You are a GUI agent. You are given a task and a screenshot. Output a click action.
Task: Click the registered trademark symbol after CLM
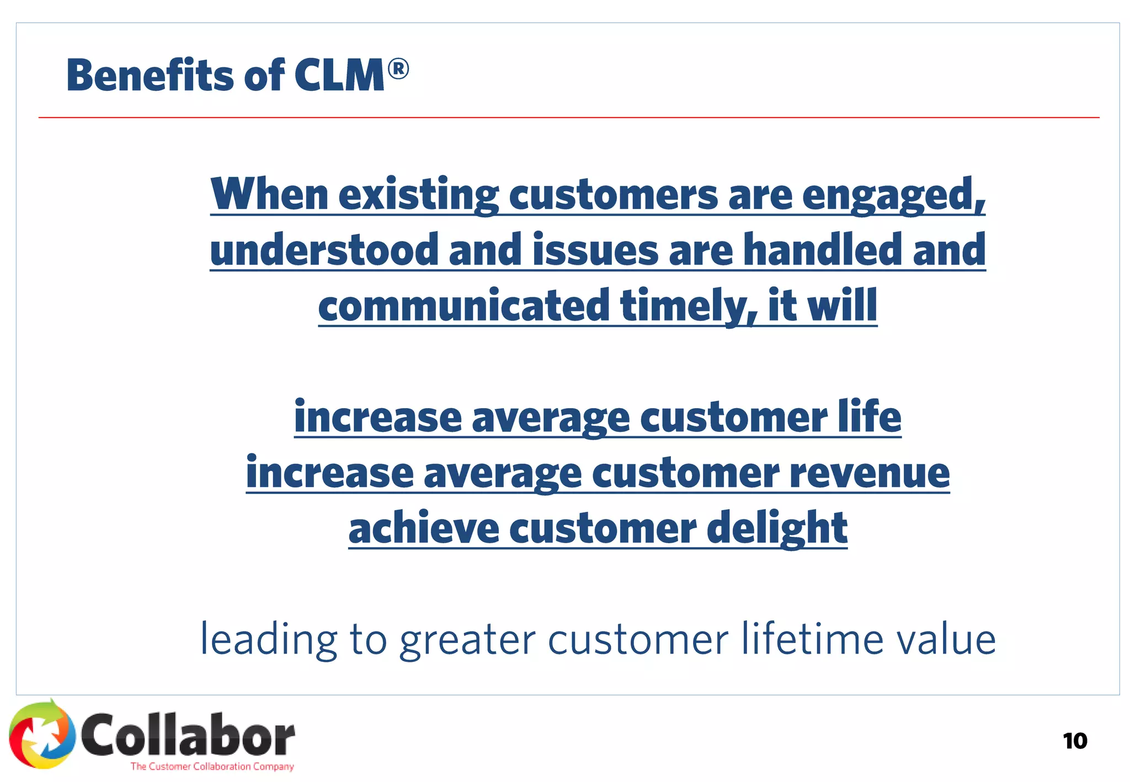click(398, 70)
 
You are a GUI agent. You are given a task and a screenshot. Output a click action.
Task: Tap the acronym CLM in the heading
click(339, 76)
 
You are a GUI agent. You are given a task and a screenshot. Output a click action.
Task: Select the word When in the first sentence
click(269, 194)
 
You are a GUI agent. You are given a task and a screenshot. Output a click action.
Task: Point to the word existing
click(418, 195)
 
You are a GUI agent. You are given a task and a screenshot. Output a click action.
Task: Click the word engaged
click(893, 195)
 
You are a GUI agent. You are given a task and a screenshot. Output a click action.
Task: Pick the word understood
click(324, 250)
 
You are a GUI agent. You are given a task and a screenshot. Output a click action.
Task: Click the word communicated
click(463, 306)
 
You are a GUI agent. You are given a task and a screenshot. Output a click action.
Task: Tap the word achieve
click(424, 528)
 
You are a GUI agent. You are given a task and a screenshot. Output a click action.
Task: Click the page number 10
click(1074, 741)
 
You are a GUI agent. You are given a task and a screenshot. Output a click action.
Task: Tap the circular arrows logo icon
click(42, 734)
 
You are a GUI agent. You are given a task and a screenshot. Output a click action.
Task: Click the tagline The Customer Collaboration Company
click(212, 766)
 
